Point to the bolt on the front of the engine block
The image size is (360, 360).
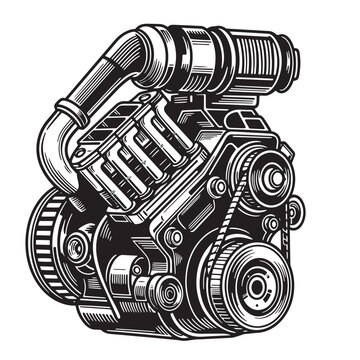175,237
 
